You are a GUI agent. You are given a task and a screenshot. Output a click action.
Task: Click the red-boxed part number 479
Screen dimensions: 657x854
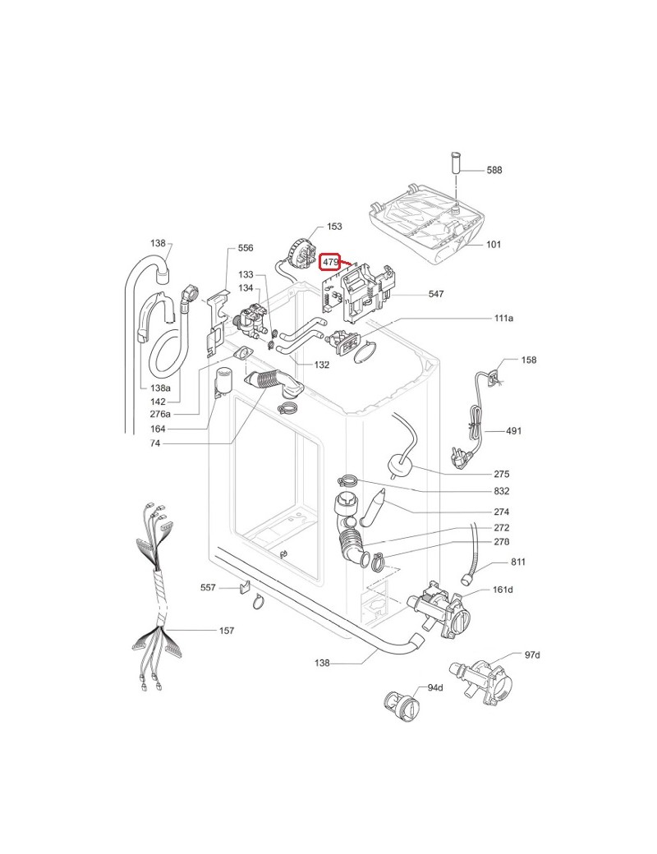329,262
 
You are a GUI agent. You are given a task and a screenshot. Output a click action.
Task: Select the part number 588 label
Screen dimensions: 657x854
494,170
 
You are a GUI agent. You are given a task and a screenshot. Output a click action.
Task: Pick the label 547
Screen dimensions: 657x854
436,294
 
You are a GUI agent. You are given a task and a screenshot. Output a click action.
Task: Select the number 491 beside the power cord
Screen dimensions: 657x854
514,431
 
